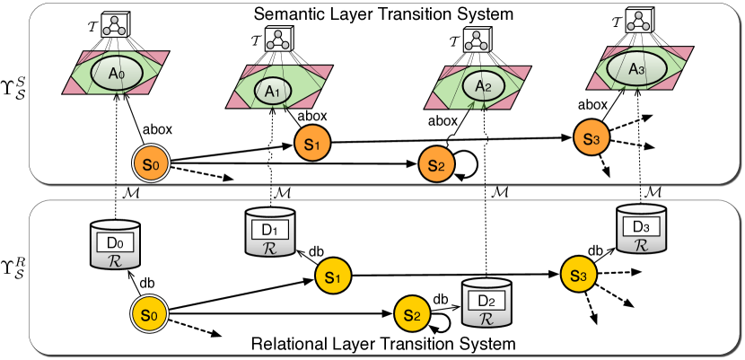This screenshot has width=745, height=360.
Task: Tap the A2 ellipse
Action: click(483, 86)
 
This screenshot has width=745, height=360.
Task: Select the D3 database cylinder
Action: click(641, 229)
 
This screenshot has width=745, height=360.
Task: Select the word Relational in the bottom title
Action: click(294, 344)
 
